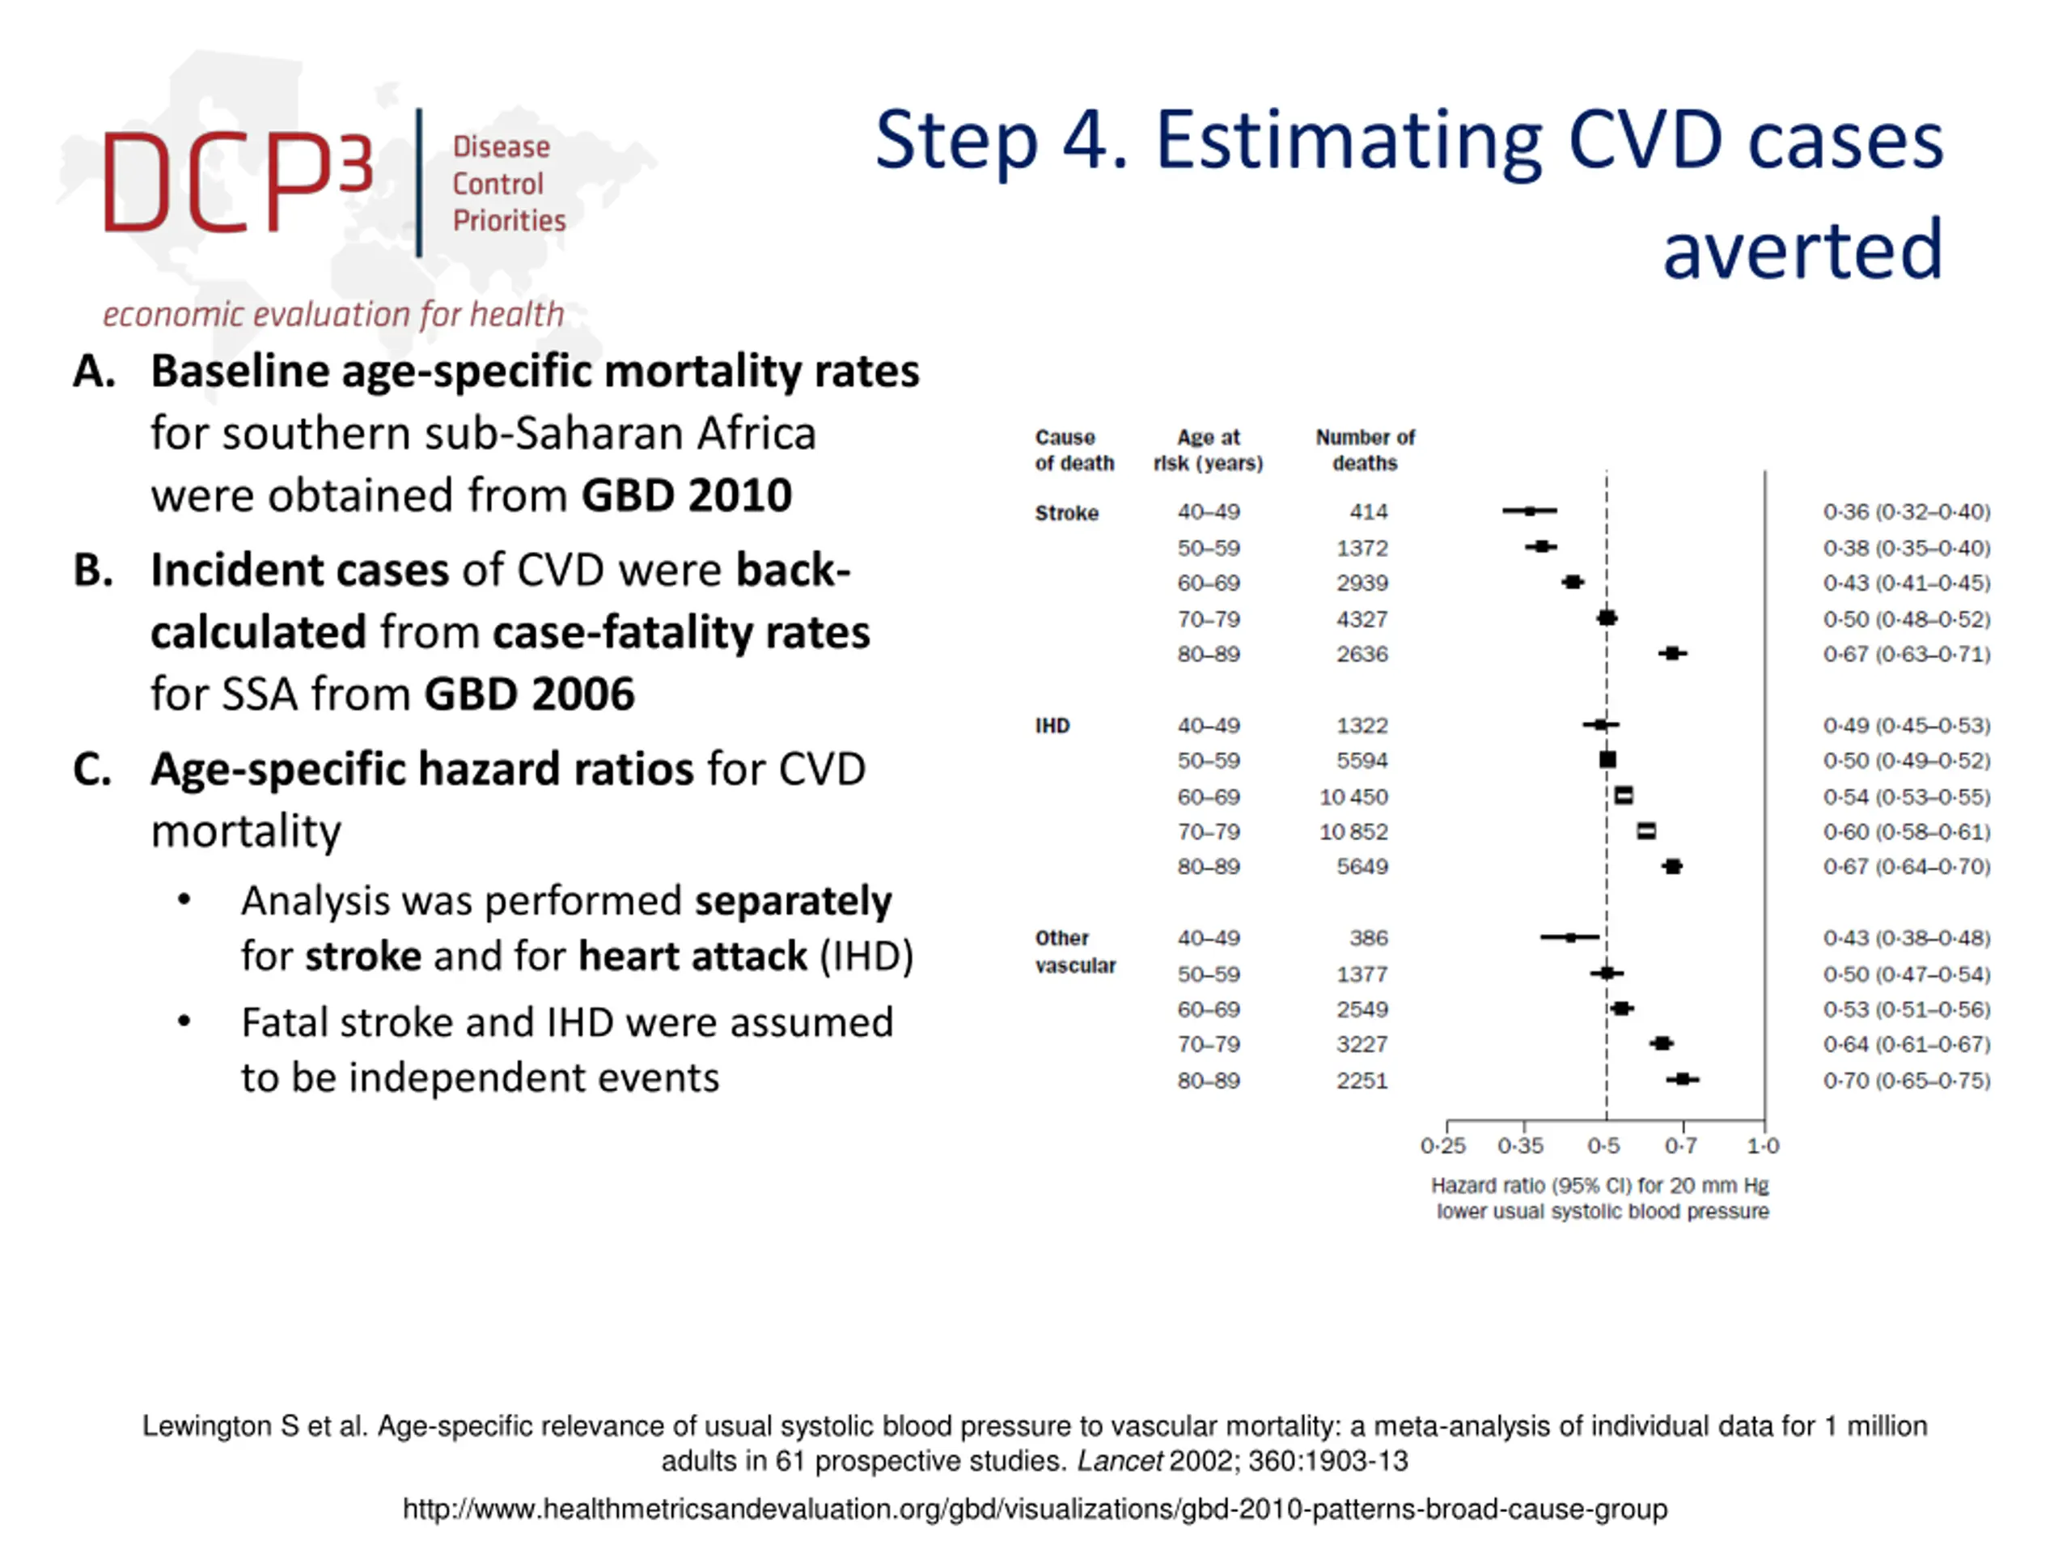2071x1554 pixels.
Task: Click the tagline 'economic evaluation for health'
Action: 333,315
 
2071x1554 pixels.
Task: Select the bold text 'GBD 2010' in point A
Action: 686,495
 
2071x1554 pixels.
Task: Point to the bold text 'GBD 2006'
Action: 529,694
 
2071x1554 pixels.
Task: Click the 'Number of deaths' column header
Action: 1364,450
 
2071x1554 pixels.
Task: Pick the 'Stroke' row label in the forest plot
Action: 1066,513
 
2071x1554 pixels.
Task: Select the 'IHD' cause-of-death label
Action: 1052,726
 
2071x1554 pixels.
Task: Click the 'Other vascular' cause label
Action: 1074,952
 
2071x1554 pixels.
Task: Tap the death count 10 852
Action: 1353,832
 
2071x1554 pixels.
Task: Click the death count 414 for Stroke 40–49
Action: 1368,512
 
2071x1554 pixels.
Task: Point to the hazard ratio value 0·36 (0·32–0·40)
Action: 1906,512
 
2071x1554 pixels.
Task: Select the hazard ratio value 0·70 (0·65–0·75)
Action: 1906,1081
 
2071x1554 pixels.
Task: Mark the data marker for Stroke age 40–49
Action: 1530,512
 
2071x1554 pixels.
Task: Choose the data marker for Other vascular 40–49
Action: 1570,937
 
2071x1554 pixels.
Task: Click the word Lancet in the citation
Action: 1119,1461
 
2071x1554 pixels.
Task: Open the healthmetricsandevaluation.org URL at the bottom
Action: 1035,1509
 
